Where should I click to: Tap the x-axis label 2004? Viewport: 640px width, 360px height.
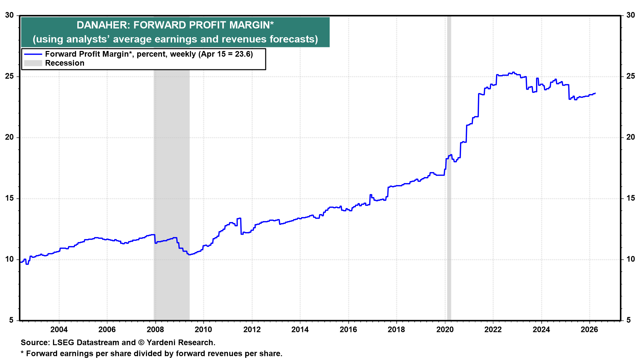59,330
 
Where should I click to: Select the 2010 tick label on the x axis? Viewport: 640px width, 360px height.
203,330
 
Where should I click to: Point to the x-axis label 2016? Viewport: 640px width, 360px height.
348,330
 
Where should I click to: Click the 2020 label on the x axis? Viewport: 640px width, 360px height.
445,330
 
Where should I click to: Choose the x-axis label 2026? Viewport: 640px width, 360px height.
589,330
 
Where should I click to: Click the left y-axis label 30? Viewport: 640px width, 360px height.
9,15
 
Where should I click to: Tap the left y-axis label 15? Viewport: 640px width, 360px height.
9,198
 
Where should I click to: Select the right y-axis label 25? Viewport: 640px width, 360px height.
630,76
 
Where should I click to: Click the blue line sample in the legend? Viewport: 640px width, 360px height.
33,54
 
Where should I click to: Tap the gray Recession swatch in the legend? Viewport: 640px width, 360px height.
33,63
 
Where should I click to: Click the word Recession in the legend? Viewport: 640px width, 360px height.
65,63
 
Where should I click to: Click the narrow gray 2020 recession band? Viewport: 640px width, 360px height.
449,200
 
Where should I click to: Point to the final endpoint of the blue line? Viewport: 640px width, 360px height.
595,93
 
